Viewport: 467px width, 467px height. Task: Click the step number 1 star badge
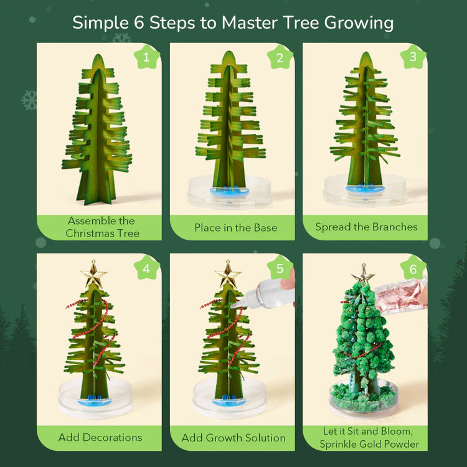tap(147, 58)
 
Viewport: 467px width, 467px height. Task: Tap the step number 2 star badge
tap(280, 58)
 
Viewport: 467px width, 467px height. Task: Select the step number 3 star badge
tap(412, 58)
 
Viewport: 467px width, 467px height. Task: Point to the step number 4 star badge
tap(147, 268)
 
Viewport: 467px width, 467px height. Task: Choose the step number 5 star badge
tap(280, 268)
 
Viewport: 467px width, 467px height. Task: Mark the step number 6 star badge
tap(412, 268)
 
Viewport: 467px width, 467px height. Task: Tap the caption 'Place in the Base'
tap(235, 227)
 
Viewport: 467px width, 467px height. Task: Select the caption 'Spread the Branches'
tap(366, 227)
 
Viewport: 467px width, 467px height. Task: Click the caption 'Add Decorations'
tap(100, 437)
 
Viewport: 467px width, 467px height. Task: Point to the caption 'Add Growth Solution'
tap(233, 438)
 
